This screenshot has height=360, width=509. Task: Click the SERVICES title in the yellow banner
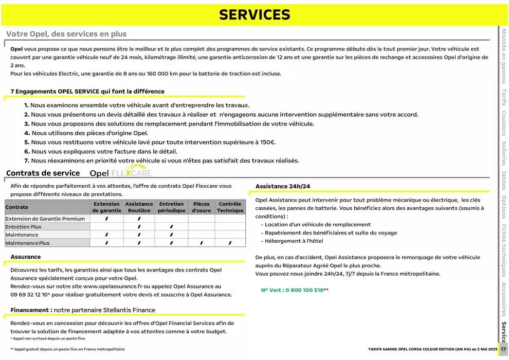pos(254,15)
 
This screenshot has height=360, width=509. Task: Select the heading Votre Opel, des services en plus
pos(66,34)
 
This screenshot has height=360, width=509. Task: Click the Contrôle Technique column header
pos(230,207)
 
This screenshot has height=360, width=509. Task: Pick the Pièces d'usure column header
pos(201,207)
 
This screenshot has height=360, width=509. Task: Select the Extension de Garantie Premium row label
pos(45,219)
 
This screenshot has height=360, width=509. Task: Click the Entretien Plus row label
pos(24,227)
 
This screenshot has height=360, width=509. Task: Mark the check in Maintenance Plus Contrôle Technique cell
pos(230,243)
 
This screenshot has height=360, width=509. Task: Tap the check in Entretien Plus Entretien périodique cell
pos(171,227)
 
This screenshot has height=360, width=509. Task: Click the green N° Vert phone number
pos(293,290)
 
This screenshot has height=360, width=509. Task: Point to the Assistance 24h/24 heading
pos(283,186)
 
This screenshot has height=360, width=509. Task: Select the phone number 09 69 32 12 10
pos(30,295)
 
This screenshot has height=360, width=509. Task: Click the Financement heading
pos(83,310)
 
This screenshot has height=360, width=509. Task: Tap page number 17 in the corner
pos(503,349)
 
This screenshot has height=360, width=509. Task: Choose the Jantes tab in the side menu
pos(504,181)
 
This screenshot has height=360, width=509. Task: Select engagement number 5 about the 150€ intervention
pos(150,142)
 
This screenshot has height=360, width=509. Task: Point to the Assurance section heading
pos(26,257)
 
